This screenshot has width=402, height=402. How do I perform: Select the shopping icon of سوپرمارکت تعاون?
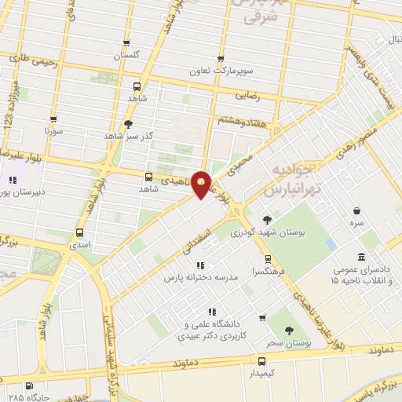tap(221, 58)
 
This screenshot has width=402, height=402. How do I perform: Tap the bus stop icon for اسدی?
tap(79, 232)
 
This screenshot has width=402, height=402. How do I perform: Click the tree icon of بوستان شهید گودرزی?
tap(267, 219)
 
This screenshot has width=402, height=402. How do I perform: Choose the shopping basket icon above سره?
tap(357, 210)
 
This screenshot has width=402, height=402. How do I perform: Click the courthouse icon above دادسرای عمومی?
tap(360, 258)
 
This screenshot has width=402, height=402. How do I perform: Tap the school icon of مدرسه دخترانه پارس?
tap(200, 265)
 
